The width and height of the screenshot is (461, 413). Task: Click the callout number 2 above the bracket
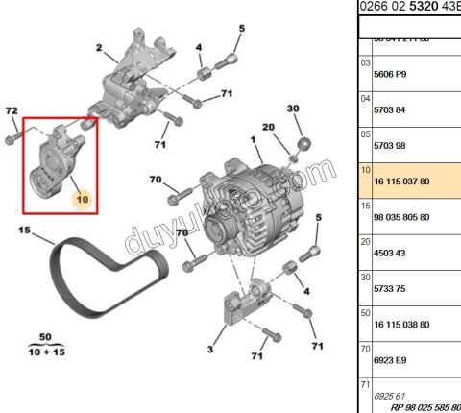click(100, 47)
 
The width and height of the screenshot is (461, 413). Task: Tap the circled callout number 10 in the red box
click(82, 199)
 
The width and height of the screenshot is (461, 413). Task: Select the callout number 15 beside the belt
click(23, 231)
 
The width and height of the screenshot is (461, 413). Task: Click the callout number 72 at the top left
click(12, 112)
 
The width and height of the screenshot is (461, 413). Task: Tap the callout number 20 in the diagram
click(268, 128)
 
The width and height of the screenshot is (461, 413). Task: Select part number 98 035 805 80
click(400, 217)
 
